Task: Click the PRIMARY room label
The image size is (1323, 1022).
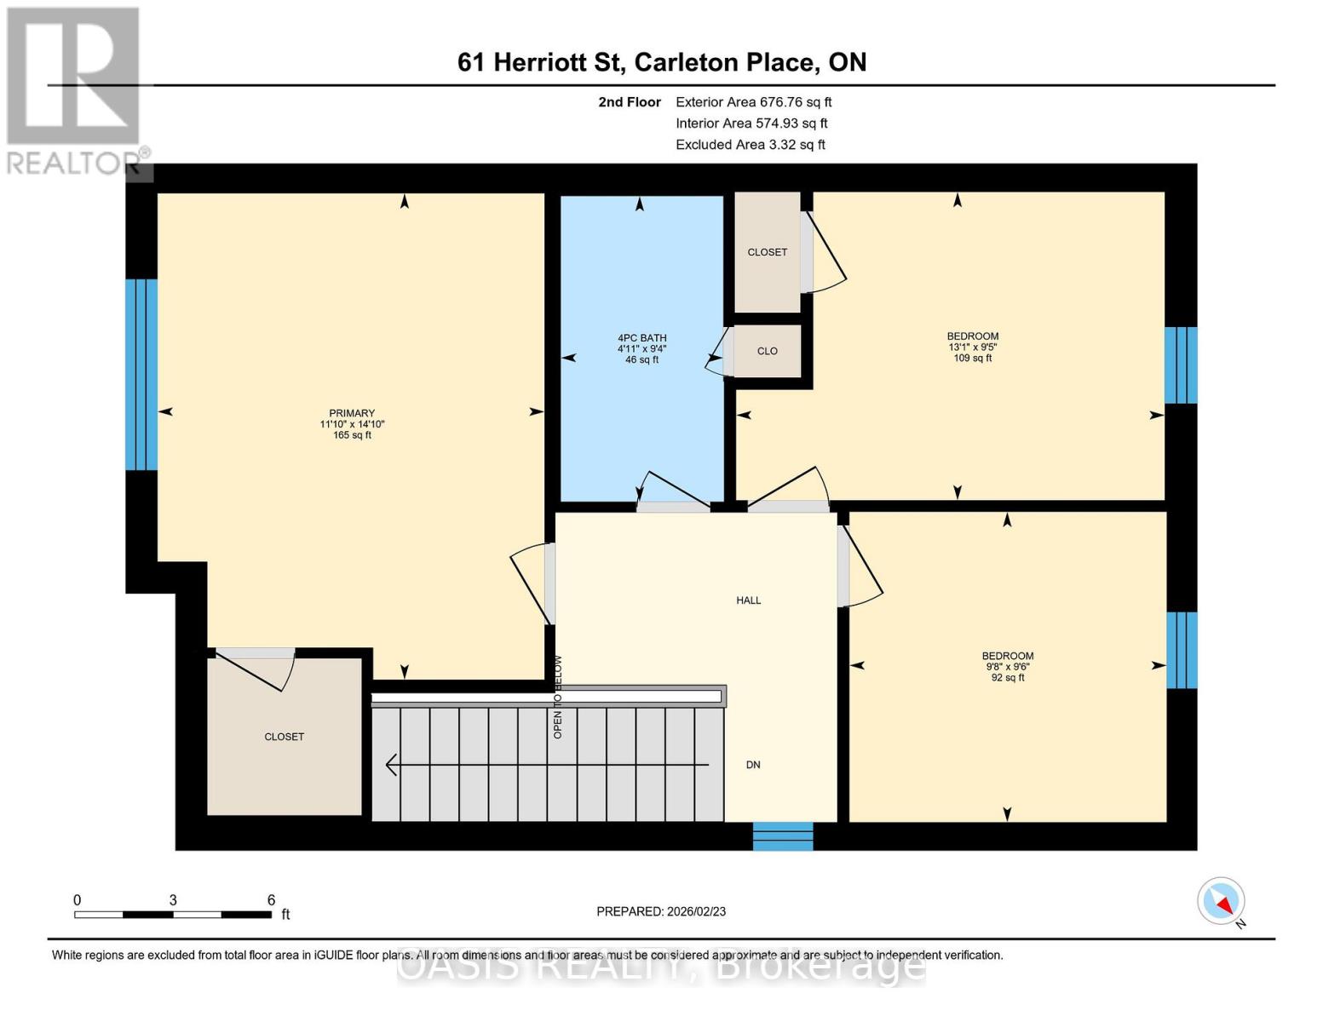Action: pyautogui.click(x=352, y=413)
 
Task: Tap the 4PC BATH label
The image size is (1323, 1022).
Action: pyautogui.click(x=641, y=338)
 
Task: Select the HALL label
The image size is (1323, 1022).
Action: pyautogui.click(x=748, y=600)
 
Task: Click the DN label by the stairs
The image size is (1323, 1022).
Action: pyautogui.click(x=753, y=765)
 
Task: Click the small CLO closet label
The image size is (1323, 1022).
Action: pyautogui.click(x=767, y=351)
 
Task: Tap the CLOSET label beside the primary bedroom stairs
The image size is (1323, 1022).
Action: pyautogui.click(x=284, y=737)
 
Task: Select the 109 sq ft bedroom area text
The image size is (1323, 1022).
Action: pyautogui.click(x=972, y=359)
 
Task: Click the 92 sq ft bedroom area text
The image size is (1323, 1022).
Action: pyautogui.click(x=1007, y=678)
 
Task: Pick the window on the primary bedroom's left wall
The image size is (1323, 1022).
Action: pyautogui.click(x=141, y=375)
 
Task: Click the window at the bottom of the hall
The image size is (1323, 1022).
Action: pyautogui.click(x=782, y=836)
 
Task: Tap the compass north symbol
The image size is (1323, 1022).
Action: pyautogui.click(x=1222, y=901)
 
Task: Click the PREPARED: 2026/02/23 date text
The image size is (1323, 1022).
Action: pyautogui.click(x=661, y=911)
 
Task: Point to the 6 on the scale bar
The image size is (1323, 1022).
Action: pyautogui.click(x=271, y=900)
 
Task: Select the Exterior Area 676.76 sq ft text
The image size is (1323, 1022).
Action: pyautogui.click(x=753, y=101)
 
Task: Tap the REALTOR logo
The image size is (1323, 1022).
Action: pyautogui.click(x=75, y=90)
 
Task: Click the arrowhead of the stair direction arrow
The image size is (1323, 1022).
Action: pyautogui.click(x=391, y=765)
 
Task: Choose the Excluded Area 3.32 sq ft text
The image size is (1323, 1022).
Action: pyautogui.click(x=750, y=145)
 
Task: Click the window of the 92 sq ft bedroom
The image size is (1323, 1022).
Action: pyautogui.click(x=1182, y=650)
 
